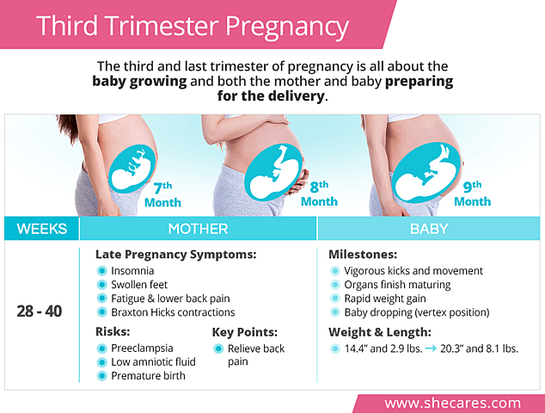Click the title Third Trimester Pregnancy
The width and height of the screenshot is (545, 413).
pos(193,25)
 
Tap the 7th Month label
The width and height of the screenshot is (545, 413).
pos(162,194)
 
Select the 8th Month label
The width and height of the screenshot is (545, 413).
pos(319,194)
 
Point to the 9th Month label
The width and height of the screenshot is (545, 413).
pos(472,194)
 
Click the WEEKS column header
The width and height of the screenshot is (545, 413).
pos(40,229)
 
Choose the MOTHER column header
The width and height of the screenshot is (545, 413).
pos(198,229)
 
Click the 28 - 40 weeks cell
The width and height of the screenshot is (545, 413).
pos(40,311)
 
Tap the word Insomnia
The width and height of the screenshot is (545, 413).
pos(133,270)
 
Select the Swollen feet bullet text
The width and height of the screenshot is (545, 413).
pos(139,284)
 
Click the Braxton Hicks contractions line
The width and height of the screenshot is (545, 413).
pos(173,312)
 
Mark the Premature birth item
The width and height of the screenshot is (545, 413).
pos(149,375)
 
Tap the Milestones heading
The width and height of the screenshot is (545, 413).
pos(363,255)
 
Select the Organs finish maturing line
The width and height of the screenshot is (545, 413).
pos(397,284)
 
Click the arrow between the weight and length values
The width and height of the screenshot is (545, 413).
pos(426,348)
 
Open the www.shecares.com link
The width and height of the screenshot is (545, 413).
pos(452,403)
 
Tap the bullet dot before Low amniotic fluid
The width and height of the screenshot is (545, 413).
pos(102,362)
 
